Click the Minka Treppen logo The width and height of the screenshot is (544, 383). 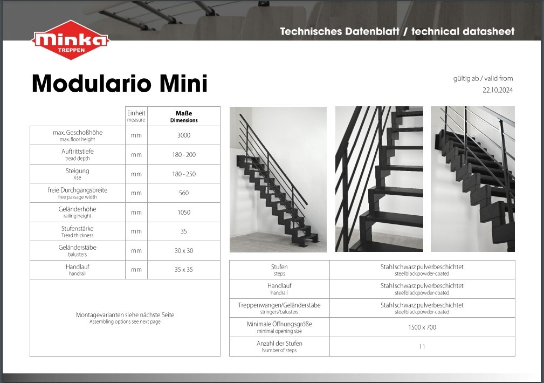click(x=71, y=39)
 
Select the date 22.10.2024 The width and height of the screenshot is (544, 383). click(x=498, y=90)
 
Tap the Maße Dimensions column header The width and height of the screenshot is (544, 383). click(x=184, y=117)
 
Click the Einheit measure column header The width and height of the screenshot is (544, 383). click(x=136, y=116)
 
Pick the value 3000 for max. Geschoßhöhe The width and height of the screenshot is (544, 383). click(x=184, y=135)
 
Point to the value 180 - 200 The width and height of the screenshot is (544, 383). click(x=184, y=154)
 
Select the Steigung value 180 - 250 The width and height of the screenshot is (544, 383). click(x=184, y=174)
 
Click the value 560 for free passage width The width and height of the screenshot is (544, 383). click(x=184, y=193)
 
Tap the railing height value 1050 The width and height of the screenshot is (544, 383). click(x=184, y=212)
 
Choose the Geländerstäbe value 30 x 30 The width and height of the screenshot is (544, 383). click(x=184, y=251)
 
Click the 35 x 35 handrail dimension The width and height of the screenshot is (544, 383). click(x=184, y=270)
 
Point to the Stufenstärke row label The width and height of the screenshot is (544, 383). click(x=77, y=231)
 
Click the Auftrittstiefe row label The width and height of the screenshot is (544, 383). click(x=77, y=154)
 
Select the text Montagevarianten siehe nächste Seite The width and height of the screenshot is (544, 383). click(x=125, y=314)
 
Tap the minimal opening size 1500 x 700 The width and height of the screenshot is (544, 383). click(x=422, y=327)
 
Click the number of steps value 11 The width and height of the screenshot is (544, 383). click(x=422, y=346)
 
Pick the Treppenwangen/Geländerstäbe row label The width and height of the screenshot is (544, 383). click(x=279, y=308)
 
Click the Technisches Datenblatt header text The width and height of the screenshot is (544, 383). click(x=340, y=32)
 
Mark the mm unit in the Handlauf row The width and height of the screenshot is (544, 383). click(x=136, y=270)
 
